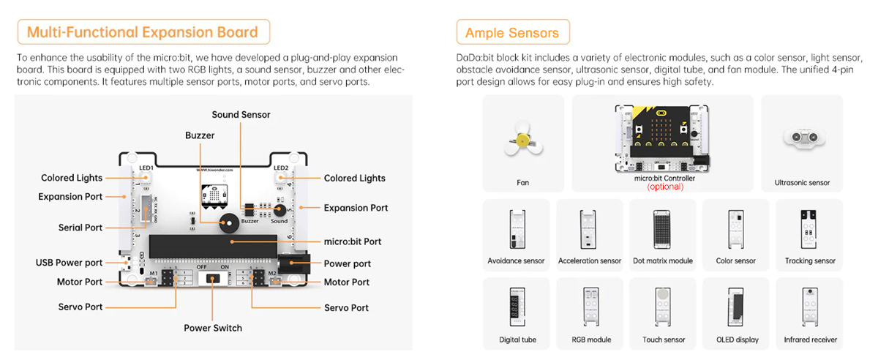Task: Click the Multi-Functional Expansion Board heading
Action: [x=143, y=32]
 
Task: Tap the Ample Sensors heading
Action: [x=512, y=32]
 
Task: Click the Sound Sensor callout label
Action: [x=241, y=115]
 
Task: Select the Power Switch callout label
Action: [x=213, y=328]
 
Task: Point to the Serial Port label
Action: [x=80, y=228]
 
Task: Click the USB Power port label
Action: [x=70, y=263]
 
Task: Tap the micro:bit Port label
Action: [x=353, y=241]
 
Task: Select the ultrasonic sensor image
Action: [x=802, y=138]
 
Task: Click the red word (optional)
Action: [x=665, y=187]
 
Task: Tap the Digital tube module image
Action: [x=517, y=305]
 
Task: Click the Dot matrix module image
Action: [x=662, y=229]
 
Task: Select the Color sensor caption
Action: [x=736, y=260]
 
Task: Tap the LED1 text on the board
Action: [x=146, y=168]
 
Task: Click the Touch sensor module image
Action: [x=663, y=305]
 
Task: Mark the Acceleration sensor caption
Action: [x=590, y=260]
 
